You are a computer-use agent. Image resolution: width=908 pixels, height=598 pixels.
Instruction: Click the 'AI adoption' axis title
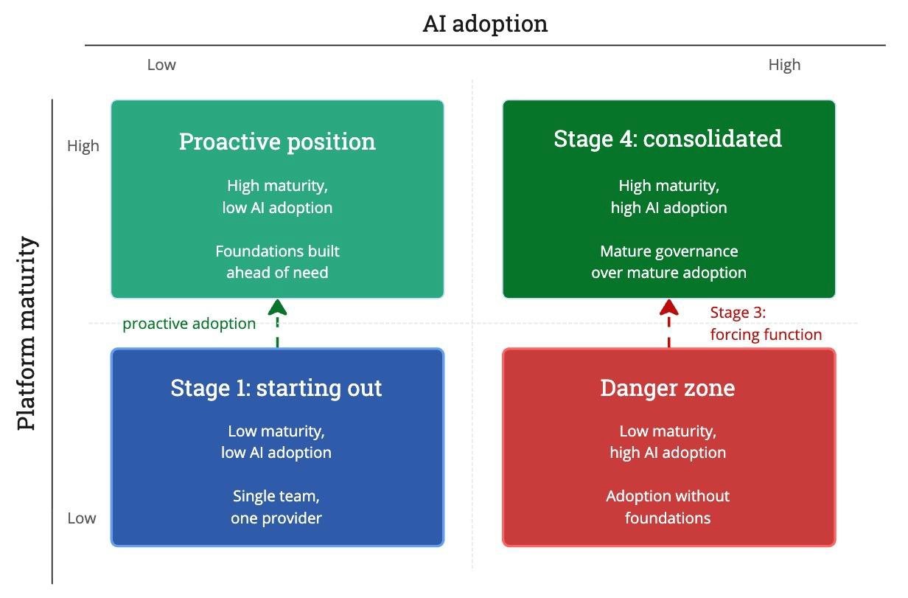click(x=485, y=24)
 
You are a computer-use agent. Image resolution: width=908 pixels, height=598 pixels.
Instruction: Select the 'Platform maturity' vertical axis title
click(x=27, y=333)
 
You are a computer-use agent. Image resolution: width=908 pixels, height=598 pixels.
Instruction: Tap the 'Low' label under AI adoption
click(x=161, y=65)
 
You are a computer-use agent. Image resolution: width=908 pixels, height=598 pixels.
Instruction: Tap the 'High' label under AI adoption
click(x=784, y=66)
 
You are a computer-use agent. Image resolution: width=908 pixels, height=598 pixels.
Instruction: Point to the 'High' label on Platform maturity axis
click(x=83, y=146)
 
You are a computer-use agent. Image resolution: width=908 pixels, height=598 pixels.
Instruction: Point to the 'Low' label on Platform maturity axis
click(x=82, y=518)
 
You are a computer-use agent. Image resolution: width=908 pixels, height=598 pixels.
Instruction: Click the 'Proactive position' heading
click(x=277, y=142)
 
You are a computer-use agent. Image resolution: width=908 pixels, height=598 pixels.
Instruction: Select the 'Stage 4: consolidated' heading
click(x=668, y=139)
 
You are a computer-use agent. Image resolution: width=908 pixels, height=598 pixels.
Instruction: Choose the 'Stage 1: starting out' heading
click(x=276, y=389)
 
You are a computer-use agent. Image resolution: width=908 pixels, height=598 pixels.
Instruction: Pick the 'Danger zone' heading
click(x=668, y=388)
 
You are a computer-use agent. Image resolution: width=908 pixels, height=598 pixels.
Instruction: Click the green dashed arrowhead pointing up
click(x=278, y=307)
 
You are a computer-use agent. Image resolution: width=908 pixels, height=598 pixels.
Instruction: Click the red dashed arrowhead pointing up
click(x=669, y=307)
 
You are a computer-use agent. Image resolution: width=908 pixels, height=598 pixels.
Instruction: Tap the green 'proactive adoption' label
click(x=189, y=324)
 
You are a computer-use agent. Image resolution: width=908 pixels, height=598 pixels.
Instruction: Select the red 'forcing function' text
click(x=766, y=335)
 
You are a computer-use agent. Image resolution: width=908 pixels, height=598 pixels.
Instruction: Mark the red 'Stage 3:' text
click(x=738, y=313)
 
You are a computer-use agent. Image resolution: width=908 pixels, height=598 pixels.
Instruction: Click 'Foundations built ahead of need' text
click(x=277, y=262)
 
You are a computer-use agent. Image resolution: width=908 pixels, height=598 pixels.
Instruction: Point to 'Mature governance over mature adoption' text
click(x=669, y=262)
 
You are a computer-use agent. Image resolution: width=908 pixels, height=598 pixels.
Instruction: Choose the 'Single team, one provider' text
click(x=276, y=507)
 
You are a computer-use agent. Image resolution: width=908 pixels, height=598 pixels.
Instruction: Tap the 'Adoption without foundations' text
click(x=668, y=507)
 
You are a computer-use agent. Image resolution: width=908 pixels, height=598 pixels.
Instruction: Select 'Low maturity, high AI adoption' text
click(x=668, y=442)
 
